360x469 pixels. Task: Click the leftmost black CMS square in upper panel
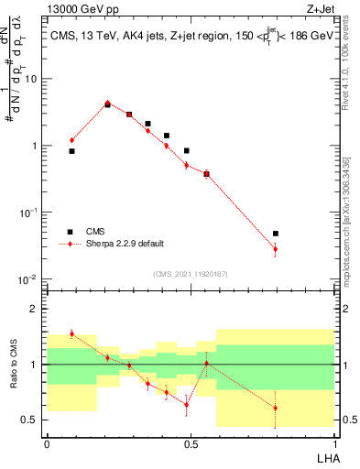coord(71,151)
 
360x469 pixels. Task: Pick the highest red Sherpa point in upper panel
coord(107,103)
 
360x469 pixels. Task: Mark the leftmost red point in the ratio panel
coord(71,333)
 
